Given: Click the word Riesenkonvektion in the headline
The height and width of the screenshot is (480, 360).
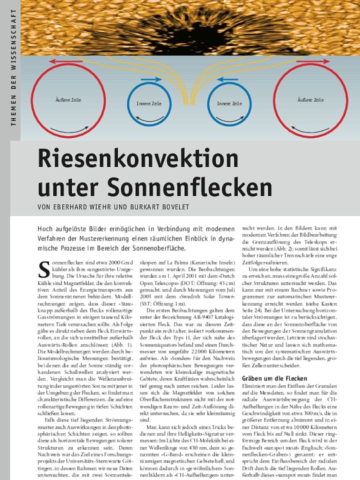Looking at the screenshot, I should (x=138, y=159).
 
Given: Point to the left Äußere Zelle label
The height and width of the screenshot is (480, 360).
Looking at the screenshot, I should (x=68, y=100).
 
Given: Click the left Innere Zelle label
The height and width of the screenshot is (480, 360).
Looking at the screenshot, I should (x=149, y=103).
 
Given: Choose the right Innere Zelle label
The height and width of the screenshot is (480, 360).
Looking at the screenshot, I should (x=229, y=103).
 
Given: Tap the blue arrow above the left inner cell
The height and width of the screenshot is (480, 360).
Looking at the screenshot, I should (x=151, y=79).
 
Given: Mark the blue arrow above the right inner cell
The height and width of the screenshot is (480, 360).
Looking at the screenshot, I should (x=227, y=79).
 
